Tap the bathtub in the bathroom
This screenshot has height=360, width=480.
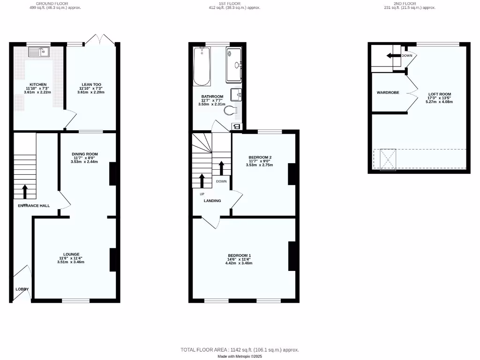pyautogui.click(x=202, y=67)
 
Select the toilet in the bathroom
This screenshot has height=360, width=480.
pyautogui.click(x=230, y=111)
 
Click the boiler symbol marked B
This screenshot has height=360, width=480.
pyautogui.click(x=236, y=127)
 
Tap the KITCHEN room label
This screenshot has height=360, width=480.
pyautogui.click(x=38, y=84)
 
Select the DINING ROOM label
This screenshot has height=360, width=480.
pyautogui.click(x=85, y=154)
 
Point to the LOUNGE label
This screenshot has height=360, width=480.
pyautogui.click(x=72, y=255)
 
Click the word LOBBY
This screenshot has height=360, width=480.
pyautogui.click(x=22, y=289)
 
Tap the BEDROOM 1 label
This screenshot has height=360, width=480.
pyautogui.click(x=239, y=255)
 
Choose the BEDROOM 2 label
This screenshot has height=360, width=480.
pyautogui.click(x=260, y=157)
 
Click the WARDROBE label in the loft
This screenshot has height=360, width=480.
pyautogui.click(x=388, y=93)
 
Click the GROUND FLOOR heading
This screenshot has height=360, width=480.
pyautogui.click(x=51, y=3)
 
